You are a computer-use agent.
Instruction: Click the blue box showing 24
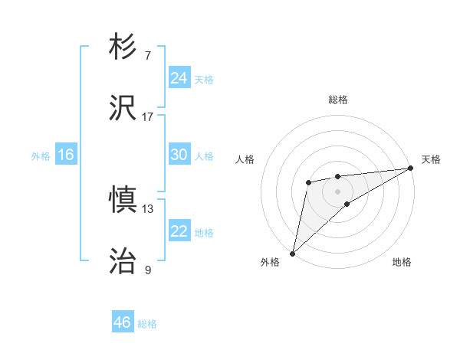[x=179, y=77]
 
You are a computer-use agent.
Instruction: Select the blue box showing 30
[x=179, y=155]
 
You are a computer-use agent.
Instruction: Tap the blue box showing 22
[x=179, y=231]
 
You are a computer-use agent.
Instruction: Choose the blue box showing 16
[x=66, y=155]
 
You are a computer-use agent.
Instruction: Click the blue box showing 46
[x=123, y=322]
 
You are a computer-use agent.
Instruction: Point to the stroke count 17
[x=148, y=117]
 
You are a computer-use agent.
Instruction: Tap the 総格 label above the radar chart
[x=338, y=100]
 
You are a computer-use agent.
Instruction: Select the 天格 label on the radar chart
[x=432, y=159]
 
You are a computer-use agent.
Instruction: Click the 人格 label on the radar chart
[x=245, y=159]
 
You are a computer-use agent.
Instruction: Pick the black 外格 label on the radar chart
[x=270, y=262]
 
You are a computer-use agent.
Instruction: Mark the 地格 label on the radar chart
[x=402, y=262]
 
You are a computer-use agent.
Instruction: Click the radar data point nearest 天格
[x=411, y=169]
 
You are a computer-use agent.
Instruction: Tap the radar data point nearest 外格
[x=292, y=253]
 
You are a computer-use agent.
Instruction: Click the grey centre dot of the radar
[x=337, y=190]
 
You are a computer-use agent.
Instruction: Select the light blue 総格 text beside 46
[x=147, y=324]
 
